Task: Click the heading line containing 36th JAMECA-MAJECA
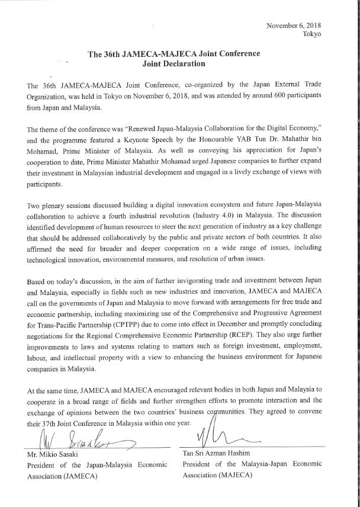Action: pos(173,54)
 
